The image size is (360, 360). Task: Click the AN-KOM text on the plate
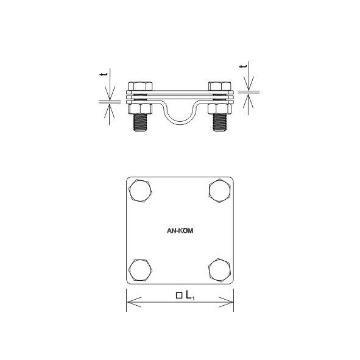click(180, 230)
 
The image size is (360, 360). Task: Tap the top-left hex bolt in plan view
click(140, 191)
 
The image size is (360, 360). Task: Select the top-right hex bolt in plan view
click(220, 191)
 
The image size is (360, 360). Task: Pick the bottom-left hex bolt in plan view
click(140, 270)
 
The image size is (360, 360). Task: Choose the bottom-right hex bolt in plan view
click(220, 270)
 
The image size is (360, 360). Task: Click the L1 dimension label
click(190, 295)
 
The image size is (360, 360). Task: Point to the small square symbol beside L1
click(179, 295)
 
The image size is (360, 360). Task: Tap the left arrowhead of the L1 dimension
click(134, 302)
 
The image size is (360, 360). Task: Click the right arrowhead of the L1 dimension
click(226, 302)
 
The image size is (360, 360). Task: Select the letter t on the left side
click(104, 74)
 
